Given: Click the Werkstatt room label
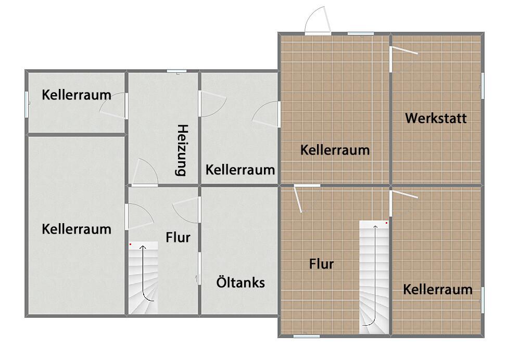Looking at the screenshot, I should (x=436, y=118).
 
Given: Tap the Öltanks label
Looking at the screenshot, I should (x=241, y=282).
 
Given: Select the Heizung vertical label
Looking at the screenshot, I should (x=182, y=150).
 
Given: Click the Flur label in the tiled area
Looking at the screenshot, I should (x=321, y=264).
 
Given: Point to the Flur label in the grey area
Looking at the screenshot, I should (x=178, y=238).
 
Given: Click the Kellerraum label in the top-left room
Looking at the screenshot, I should (x=77, y=95).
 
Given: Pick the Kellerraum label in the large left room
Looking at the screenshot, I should (x=77, y=229).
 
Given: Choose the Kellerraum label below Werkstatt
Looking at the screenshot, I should (x=437, y=289).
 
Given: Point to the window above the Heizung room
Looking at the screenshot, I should (x=177, y=71).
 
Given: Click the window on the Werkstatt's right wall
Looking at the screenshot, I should (x=483, y=85).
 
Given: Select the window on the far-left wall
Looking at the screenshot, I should (x=27, y=104).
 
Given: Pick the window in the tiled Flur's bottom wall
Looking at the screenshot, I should (x=307, y=336).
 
